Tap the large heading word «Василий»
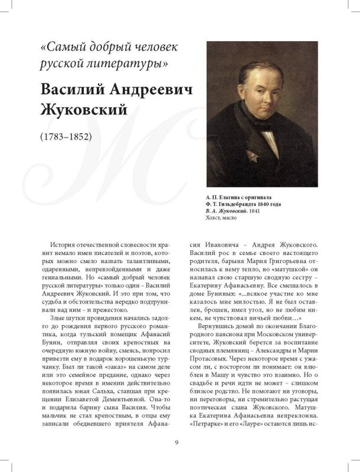tap(74, 88)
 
